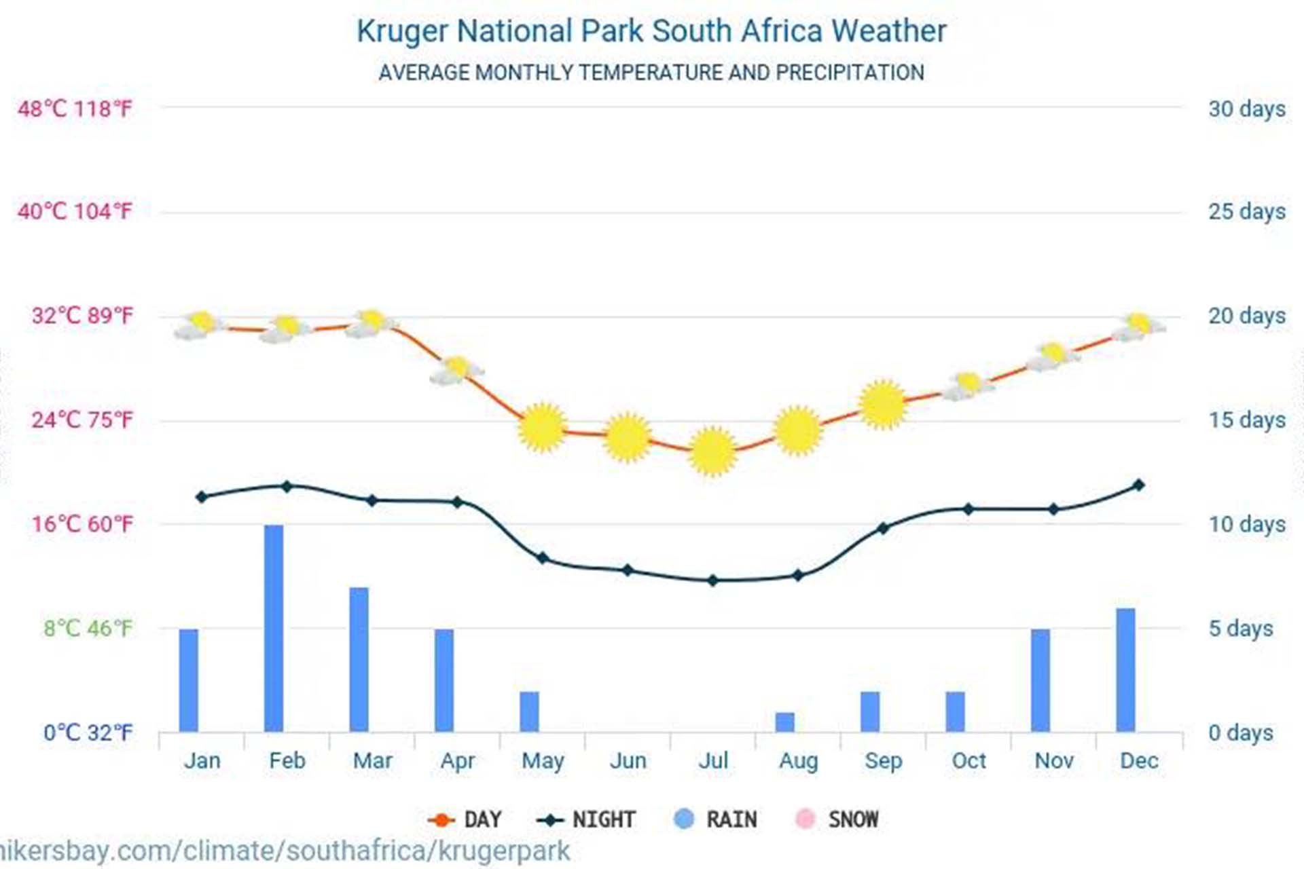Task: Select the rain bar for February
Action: coord(274,628)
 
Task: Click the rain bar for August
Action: coord(784,722)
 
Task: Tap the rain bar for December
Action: coord(1125,669)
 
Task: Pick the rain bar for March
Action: coord(359,659)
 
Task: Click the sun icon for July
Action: coord(712,451)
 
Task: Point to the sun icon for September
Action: coord(883,405)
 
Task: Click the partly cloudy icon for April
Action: coord(456,371)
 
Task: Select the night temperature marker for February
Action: coord(287,486)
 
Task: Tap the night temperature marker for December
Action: coord(1139,485)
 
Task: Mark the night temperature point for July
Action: coord(712,580)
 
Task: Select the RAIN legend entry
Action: coord(716,819)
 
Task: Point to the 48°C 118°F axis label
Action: coord(75,109)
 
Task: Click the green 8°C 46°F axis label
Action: coord(88,628)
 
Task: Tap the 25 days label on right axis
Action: coord(1246,212)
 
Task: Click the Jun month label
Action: coord(628,760)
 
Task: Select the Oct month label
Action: coord(968,760)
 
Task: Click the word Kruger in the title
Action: coord(402,31)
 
